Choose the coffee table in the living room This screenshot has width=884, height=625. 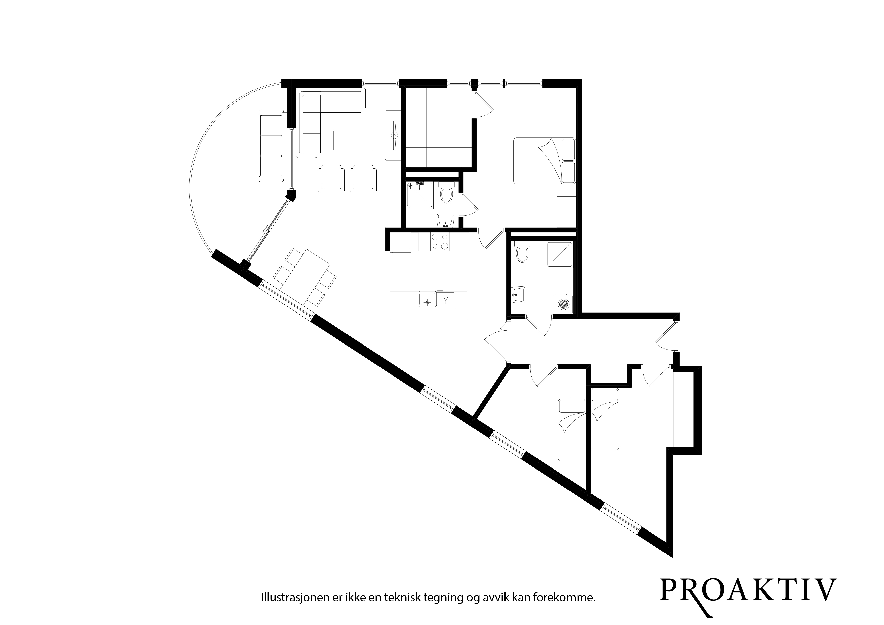(352, 140)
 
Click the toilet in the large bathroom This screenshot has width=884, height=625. (522, 252)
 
